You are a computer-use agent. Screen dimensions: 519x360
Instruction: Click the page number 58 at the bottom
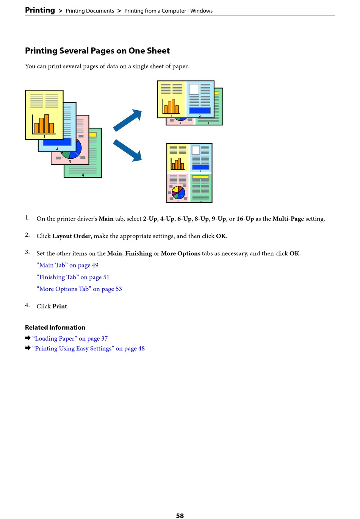point(180,516)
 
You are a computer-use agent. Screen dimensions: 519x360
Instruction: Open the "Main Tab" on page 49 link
point(67,265)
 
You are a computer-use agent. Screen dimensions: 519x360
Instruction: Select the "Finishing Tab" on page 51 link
point(73,277)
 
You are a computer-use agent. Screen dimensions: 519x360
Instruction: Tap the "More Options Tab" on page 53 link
point(79,289)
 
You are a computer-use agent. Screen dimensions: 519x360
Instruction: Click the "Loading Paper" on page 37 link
point(70,339)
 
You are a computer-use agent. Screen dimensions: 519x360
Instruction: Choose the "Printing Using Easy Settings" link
point(88,349)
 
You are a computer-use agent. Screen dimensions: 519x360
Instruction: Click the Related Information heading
point(55,327)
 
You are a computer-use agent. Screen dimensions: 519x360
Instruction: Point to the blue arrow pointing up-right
point(128,120)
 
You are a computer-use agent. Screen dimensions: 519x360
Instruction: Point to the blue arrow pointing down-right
point(128,150)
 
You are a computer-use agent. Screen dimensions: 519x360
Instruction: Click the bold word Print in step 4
point(60,306)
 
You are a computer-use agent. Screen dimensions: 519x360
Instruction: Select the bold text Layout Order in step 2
point(71,236)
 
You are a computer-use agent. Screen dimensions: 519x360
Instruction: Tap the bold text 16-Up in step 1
point(245,219)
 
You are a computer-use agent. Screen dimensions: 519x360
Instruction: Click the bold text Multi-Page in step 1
point(288,219)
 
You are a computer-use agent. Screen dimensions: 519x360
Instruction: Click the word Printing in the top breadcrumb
point(40,10)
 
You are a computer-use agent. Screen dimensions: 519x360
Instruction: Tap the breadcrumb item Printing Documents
point(90,11)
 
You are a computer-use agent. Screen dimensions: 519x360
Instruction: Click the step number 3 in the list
point(27,252)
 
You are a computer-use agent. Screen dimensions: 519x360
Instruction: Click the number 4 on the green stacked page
point(83,175)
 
